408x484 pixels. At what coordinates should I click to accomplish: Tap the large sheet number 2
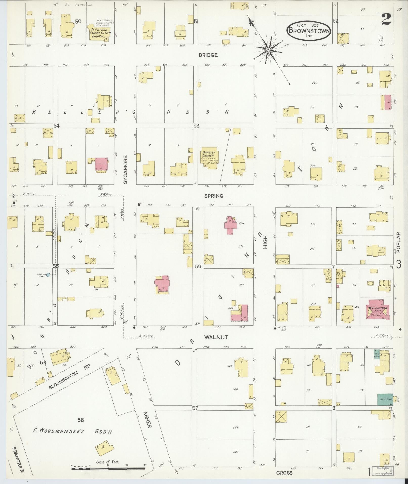(x=387, y=19)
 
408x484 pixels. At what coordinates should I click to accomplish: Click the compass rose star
(x=269, y=50)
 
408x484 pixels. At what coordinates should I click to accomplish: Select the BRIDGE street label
(x=208, y=55)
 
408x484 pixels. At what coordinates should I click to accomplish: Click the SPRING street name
(x=214, y=196)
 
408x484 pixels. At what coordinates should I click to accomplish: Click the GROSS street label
(x=284, y=473)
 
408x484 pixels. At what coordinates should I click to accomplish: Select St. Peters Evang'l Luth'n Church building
(x=98, y=32)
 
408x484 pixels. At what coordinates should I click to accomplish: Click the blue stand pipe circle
(x=48, y=274)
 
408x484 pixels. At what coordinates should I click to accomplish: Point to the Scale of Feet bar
(x=109, y=469)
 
